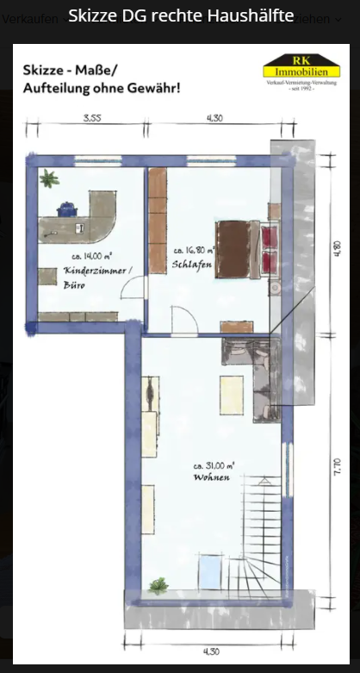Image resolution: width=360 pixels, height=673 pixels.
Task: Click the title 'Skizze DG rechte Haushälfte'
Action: click(x=180, y=16)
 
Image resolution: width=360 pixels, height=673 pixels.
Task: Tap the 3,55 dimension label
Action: click(x=91, y=118)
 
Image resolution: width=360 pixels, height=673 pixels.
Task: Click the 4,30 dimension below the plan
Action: click(x=208, y=651)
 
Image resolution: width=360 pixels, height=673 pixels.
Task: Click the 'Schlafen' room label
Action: click(x=192, y=264)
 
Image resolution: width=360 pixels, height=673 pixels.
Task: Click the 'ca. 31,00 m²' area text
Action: click(x=214, y=465)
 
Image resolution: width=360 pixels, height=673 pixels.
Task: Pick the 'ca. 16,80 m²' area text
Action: click(x=194, y=249)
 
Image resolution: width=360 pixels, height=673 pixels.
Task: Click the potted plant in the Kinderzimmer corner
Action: click(x=48, y=180)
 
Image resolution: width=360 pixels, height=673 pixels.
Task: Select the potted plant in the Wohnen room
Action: click(x=157, y=585)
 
